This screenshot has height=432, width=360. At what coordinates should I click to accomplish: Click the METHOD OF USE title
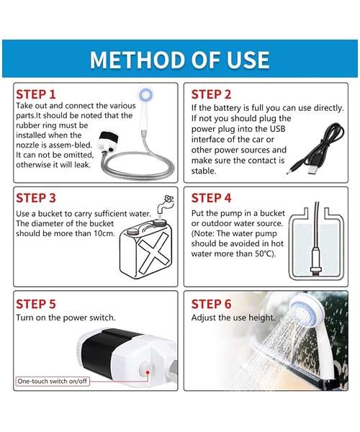pyautogui.click(x=179, y=59)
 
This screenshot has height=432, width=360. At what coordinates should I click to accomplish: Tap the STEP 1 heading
pyautogui.click(x=36, y=94)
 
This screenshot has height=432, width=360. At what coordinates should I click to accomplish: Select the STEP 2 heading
pyautogui.click(x=211, y=94)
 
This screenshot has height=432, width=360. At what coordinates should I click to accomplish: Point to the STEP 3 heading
pyautogui.click(x=36, y=198)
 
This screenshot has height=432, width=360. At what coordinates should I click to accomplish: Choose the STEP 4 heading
pyautogui.click(x=211, y=198)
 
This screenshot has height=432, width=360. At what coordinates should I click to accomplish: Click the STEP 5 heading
pyautogui.click(x=36, y=304)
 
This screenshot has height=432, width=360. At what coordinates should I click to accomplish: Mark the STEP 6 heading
pyautogui.click(x=211, y=304)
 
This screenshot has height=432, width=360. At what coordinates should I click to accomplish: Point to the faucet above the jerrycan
pyautogui.click(x=166, y=204)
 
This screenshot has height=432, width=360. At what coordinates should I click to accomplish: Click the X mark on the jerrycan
pyautogui.click(x=153, y=252)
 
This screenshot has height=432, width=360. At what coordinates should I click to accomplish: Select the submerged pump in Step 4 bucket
pyautogui.click(x=315, y=260)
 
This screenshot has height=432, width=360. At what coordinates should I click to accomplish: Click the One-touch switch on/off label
pyautogui.click(x=53, y=382)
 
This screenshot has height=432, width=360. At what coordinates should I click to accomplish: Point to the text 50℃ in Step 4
pyautogui.click(x=264, y=253)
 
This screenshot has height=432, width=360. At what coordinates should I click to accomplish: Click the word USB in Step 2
pyautogui.click(x=277, y=129)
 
